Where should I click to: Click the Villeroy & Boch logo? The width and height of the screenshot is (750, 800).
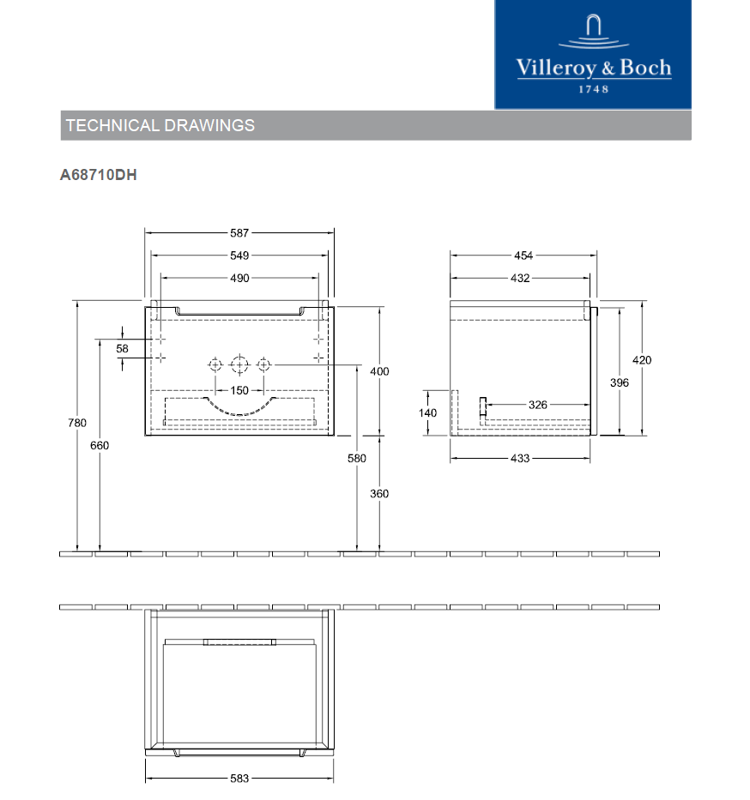593,55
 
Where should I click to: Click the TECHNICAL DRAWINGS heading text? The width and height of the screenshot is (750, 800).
160,125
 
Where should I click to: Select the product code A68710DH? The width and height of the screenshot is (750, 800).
99,175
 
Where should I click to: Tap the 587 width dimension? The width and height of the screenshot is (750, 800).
239,232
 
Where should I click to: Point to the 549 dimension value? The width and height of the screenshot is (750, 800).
239,256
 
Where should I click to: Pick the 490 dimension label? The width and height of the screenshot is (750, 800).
239,278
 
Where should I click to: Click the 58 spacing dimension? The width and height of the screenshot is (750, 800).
123,348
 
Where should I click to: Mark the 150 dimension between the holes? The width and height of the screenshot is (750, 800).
239,390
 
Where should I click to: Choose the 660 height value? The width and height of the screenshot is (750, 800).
100,445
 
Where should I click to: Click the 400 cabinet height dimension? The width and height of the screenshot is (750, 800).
379,371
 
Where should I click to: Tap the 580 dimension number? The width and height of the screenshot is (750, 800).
357,458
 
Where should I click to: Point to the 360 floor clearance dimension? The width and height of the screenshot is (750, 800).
379,493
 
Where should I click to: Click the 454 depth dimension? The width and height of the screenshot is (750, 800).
523,256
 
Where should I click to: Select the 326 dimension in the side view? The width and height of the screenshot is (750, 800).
538,405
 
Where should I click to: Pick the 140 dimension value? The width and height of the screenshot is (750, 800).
427,412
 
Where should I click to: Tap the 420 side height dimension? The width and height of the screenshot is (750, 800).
642,360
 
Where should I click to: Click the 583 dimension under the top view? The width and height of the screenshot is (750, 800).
239,779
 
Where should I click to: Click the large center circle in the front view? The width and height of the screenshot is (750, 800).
239,365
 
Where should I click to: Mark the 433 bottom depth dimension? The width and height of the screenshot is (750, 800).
520,458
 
